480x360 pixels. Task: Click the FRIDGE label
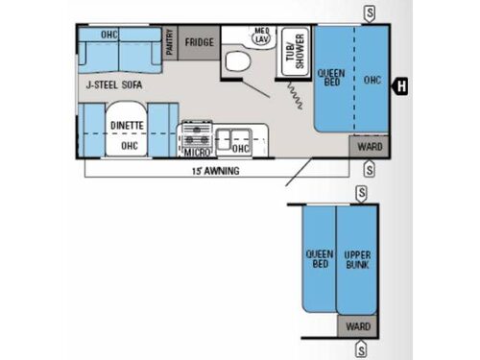(x=200, y=41)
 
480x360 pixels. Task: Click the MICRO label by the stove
(x=197, y=151)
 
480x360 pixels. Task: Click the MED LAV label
(x=260, y=36)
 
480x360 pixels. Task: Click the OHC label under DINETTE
(x=130, y=146)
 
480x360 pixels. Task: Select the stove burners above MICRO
(x=197, y=132)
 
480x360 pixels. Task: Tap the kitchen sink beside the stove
(x=232, y=134)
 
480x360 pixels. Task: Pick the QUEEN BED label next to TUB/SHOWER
(x=332, y=78)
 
